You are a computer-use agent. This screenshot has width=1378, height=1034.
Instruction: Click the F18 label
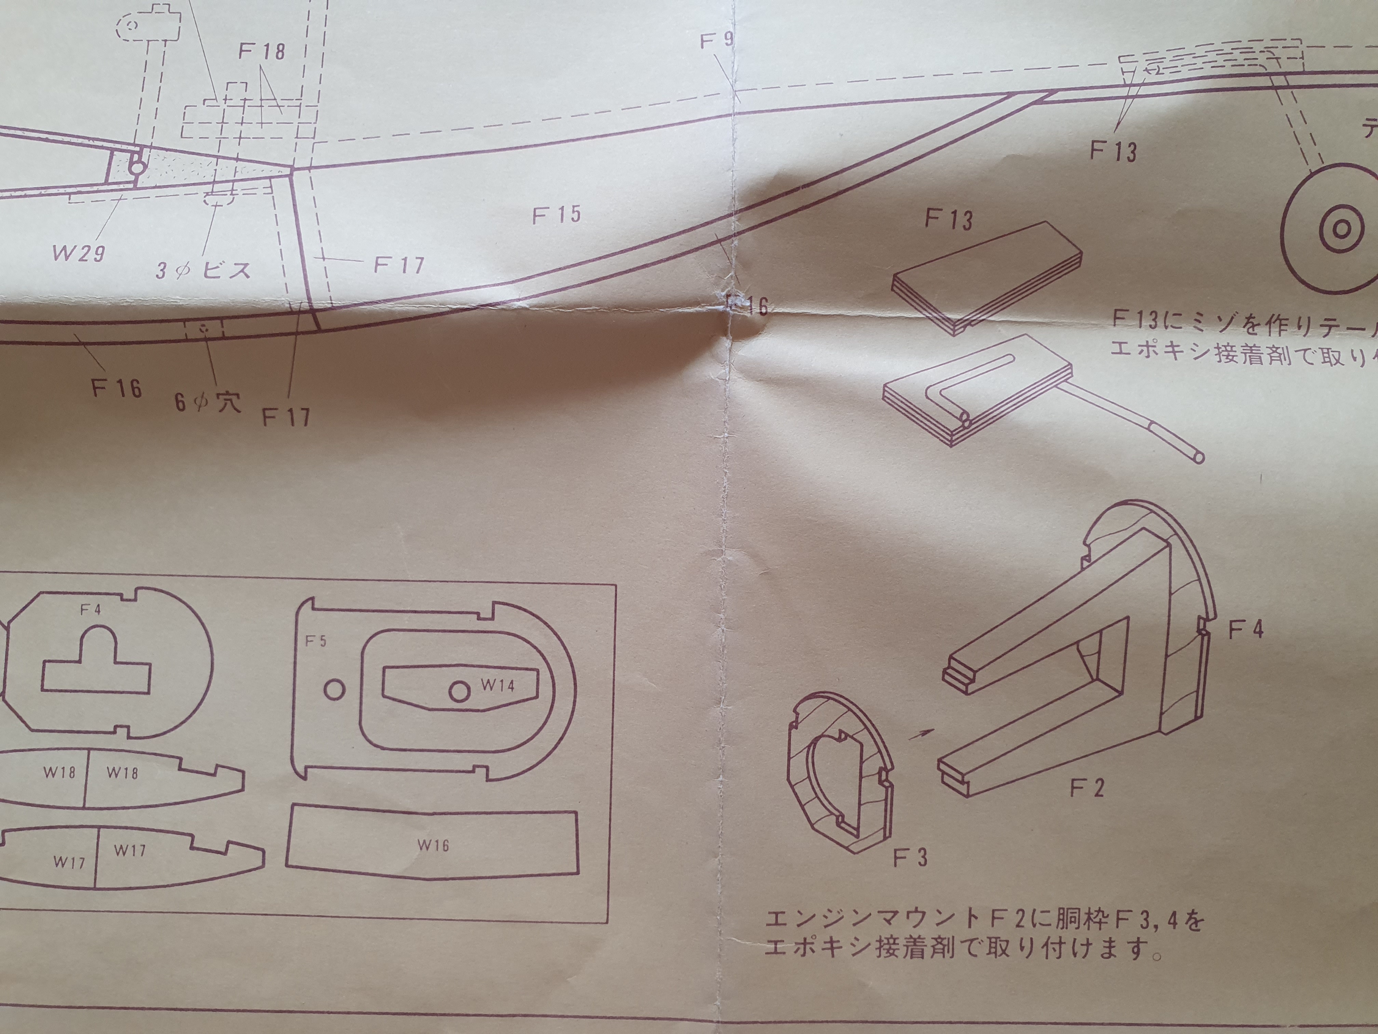tap(262, 51)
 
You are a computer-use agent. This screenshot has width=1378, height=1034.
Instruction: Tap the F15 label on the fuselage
tap(556, 214)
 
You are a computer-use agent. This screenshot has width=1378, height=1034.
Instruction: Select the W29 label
tap(79, 253)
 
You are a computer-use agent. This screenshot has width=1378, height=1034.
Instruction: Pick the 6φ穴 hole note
tap(207, 401)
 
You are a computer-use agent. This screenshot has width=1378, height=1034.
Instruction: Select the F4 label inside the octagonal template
tap(90, 610)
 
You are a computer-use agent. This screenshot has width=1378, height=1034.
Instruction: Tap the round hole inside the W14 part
tap(459, 691)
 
